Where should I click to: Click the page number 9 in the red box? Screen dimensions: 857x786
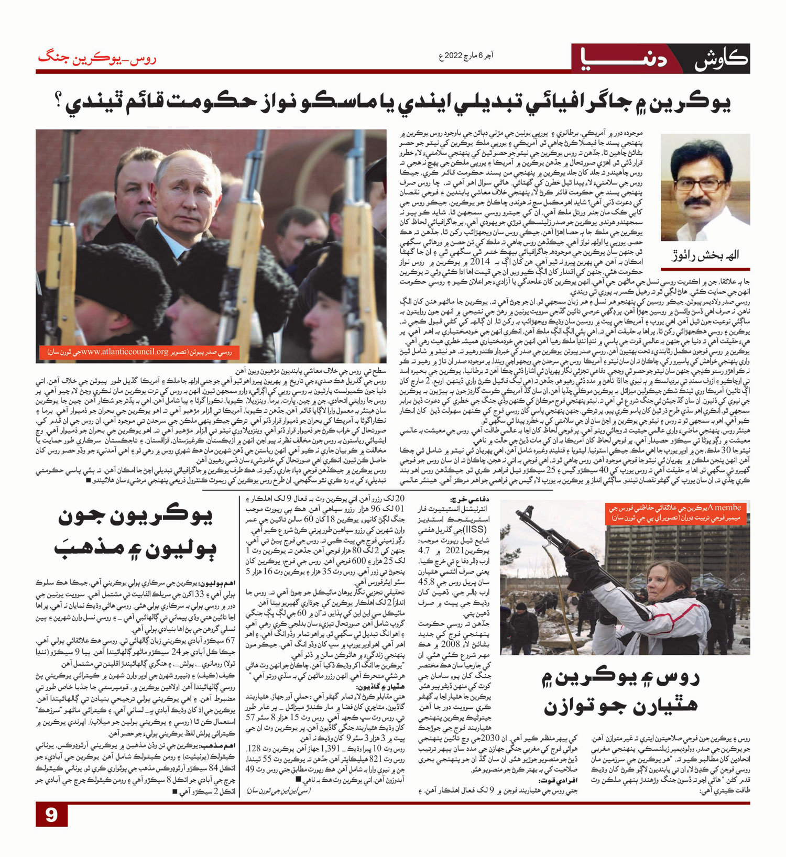tap(51, 815)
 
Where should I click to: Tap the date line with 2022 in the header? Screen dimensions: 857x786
tap(466, 55)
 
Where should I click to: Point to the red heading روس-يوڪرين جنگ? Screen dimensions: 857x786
tap(96, 58)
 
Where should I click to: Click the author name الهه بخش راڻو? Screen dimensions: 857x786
tap(705, 256)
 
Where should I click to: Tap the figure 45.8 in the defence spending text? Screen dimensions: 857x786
tap(426, 582)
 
